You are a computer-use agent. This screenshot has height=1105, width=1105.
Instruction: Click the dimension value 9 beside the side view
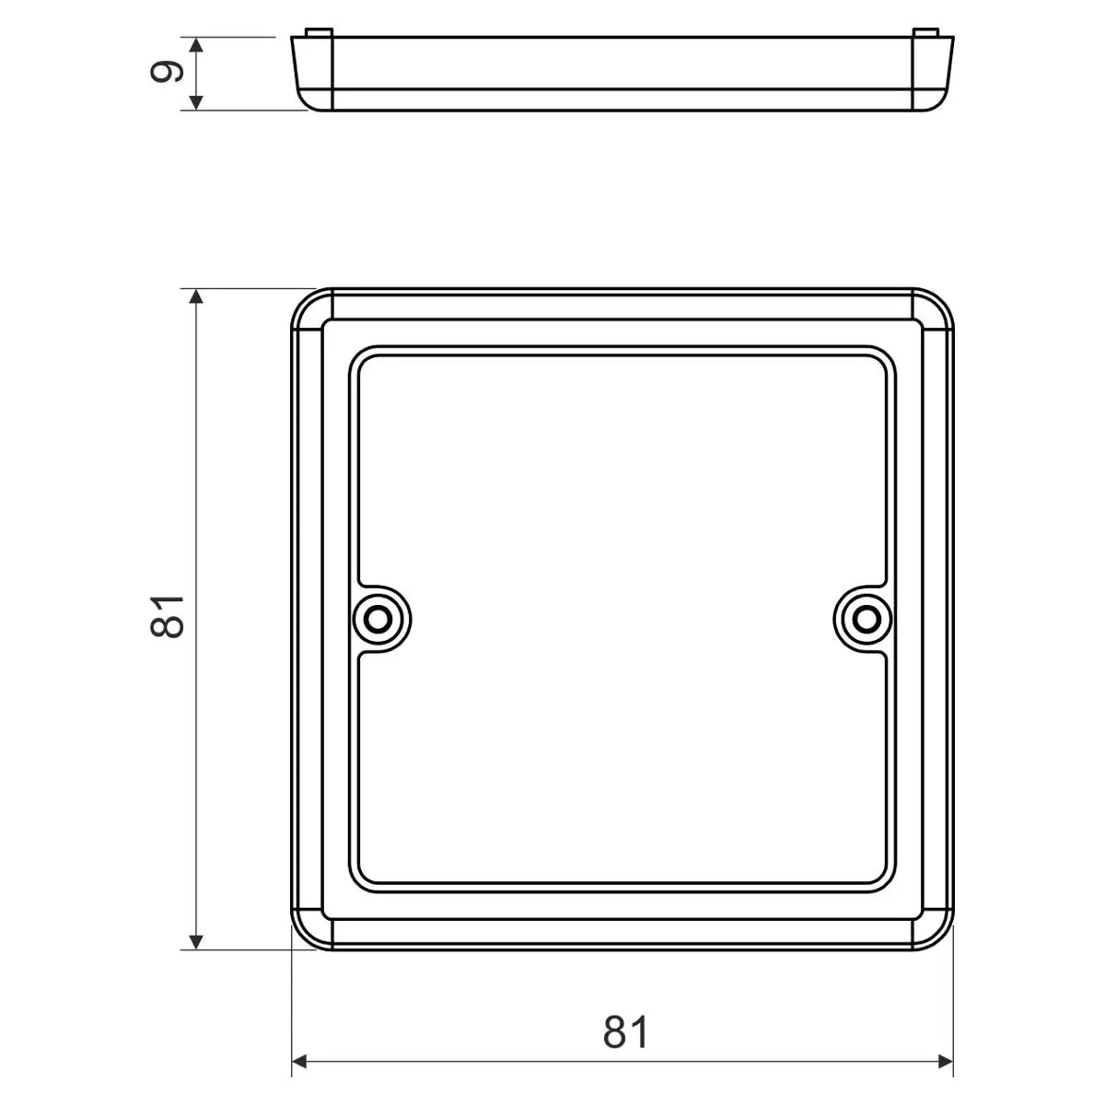click(167, 73)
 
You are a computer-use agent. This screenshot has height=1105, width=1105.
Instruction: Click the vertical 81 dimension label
click(167, 616)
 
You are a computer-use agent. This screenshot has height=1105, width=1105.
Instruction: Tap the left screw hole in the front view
click(378, 620)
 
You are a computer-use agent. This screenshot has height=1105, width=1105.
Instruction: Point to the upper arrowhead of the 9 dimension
click(196, 45)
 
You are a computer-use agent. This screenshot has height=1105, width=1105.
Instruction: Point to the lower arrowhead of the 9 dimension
click(196, 102)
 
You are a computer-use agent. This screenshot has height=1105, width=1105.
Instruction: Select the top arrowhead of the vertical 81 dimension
click(196, 297)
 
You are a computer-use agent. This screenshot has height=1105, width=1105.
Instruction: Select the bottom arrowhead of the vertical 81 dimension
click(196, 942)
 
